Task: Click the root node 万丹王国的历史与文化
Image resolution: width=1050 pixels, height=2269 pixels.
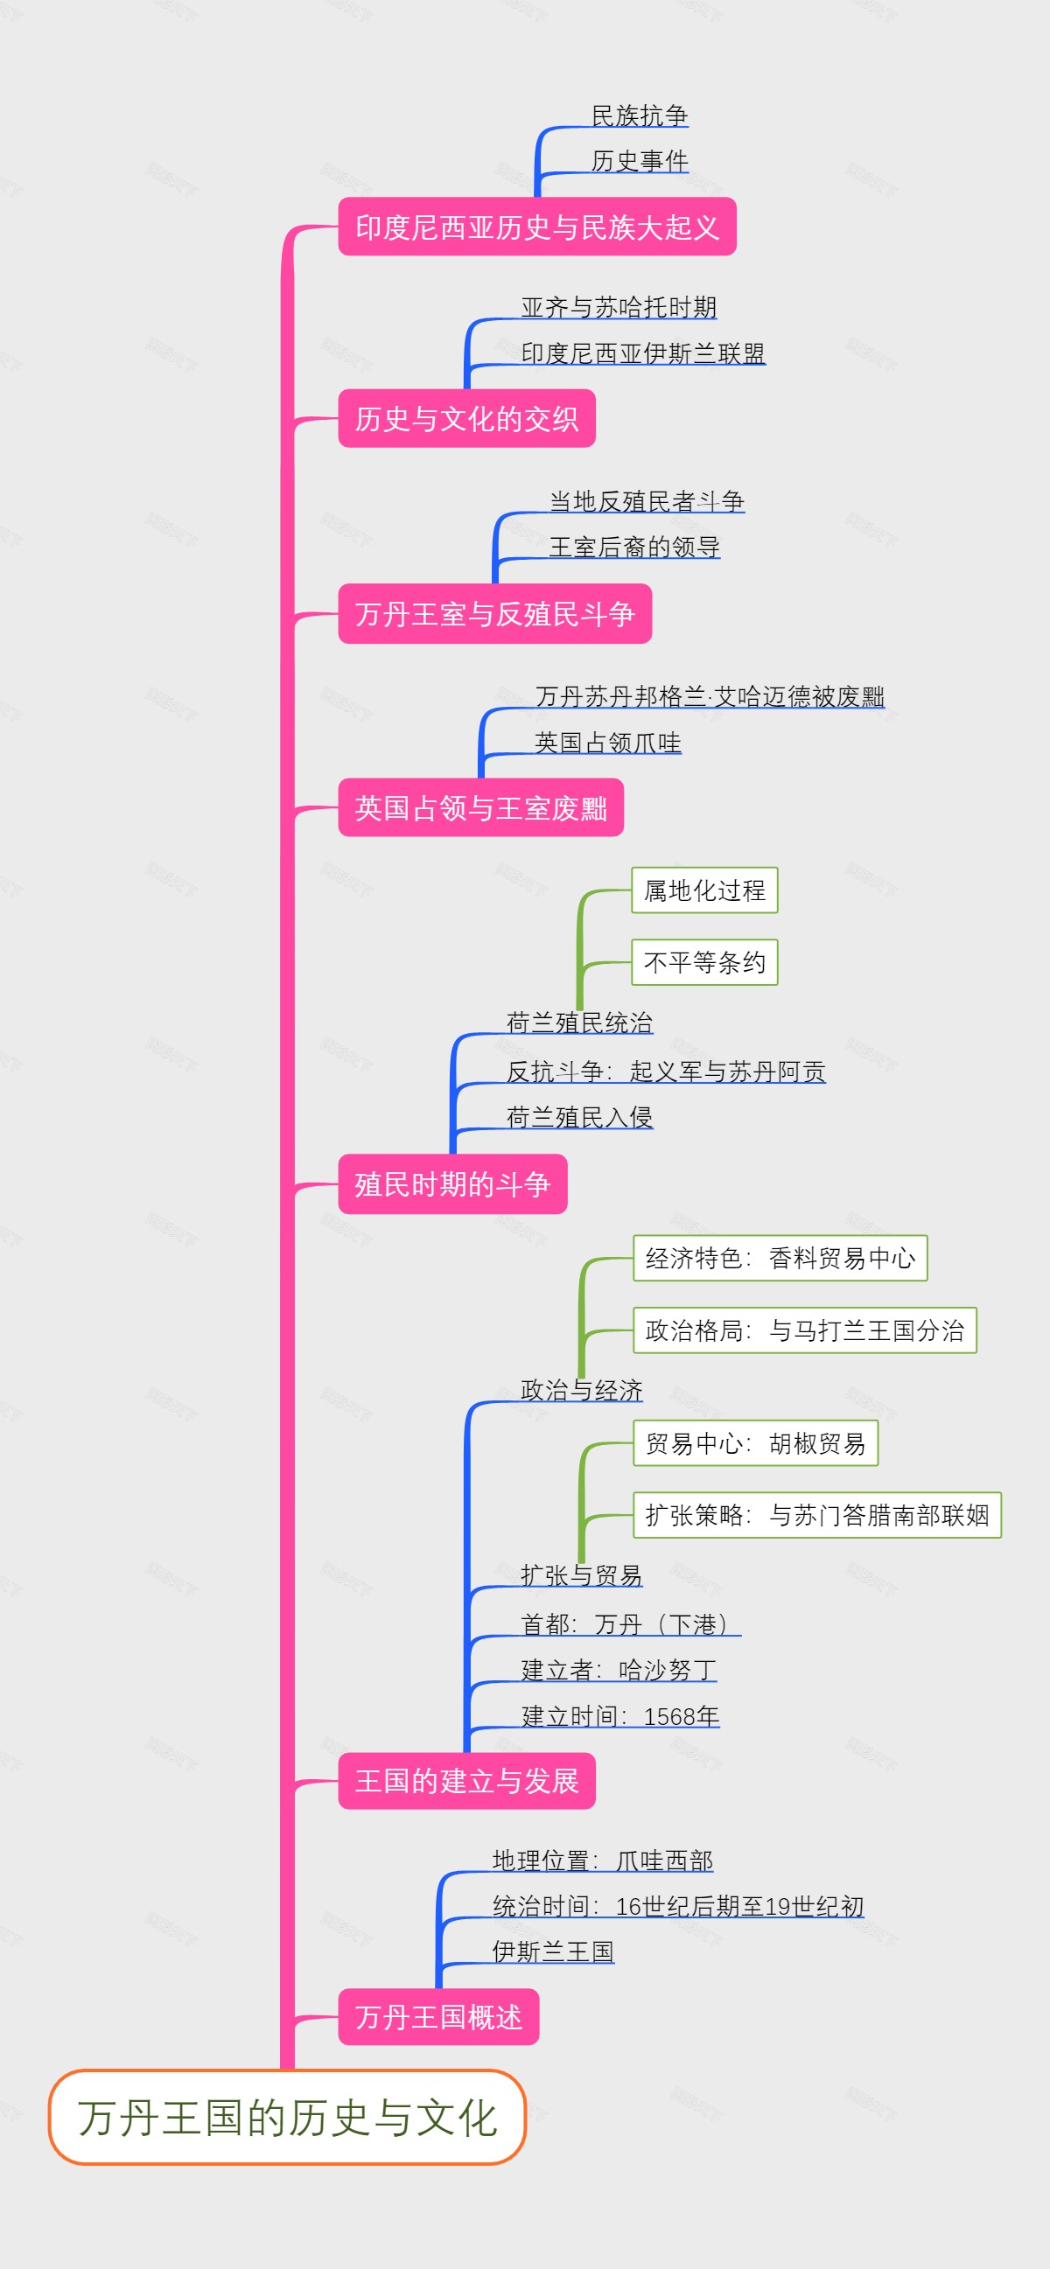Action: click(x=287, y=2118)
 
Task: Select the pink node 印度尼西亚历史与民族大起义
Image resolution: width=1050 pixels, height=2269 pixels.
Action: click(x=536, y=227)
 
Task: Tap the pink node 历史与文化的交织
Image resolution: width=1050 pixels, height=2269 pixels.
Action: click(x=466, y=418)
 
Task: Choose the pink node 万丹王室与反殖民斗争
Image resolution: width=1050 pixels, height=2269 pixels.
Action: click(x=494, y=614)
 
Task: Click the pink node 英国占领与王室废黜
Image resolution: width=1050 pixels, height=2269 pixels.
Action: click(x=480, y=807)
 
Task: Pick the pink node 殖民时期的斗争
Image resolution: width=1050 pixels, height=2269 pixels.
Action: click(x=451, y=1183)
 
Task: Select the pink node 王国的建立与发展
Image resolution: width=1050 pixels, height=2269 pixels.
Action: click(x=466, y=1781)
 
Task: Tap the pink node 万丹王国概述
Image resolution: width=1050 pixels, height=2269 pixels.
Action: click(x=437, y=2016)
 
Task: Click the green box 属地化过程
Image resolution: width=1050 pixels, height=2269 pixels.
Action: click(x=703, y=890)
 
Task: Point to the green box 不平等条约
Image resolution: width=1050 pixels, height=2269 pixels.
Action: click(x=703, y=962)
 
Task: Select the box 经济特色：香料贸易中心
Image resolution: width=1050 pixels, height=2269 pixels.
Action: click(x=780, y=1258)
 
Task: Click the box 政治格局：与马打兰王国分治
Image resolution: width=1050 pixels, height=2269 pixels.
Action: click(x=804, y=1330)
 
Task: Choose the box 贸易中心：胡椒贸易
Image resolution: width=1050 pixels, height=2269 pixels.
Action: click(x=755, y=1442)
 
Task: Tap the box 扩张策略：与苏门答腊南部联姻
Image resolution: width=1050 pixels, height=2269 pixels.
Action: click(x=816, y=1515)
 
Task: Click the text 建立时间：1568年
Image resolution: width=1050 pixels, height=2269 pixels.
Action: click(x=620, y=1716)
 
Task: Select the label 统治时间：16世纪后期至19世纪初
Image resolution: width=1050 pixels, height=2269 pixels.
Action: click(x=677, y=1906)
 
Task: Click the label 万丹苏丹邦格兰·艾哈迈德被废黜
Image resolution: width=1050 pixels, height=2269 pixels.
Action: click(x=709, y=697)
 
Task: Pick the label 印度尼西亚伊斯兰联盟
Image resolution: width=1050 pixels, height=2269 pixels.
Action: click(x=642, y=353)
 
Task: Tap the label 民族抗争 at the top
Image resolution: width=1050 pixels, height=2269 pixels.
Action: click(x=640, y=115)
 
